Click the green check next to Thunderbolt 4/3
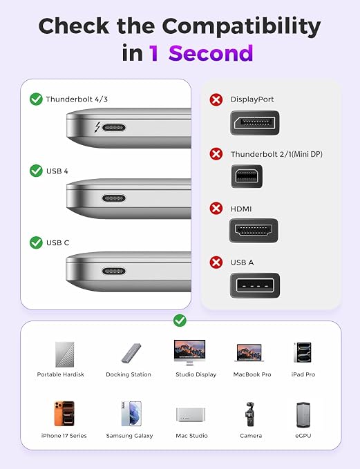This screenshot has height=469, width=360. (36, 99)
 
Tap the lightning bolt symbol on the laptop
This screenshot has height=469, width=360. (97, 127)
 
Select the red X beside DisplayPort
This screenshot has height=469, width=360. (216, 99)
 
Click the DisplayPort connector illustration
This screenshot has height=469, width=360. (255, 123)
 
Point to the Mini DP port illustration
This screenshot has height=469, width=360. (247, 176)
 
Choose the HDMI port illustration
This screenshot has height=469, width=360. (254, 230)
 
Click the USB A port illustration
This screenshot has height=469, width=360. (255, 285)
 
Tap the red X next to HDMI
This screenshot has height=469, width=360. (216, 208)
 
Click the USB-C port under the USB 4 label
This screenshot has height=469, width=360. (114, 198)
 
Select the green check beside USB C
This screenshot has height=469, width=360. (36, 242)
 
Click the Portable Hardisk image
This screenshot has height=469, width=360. (65, 354)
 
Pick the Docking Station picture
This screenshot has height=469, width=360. (131, 353)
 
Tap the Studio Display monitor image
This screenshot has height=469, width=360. (189, 352)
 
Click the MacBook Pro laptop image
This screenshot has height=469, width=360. (249, 353)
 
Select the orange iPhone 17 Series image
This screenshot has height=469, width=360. (64, 414)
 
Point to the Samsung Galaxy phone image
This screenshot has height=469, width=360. (131, 414)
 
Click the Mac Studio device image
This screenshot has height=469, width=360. (191, 414)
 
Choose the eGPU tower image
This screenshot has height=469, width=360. (303, 414)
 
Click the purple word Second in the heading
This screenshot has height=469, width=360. (211, 53)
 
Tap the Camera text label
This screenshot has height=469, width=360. (251, 436)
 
